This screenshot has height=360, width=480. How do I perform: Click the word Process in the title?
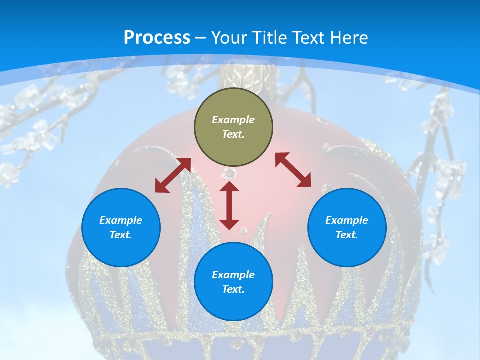157,38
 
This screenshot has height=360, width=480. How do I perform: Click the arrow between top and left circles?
173,175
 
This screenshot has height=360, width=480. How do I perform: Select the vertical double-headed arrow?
229,205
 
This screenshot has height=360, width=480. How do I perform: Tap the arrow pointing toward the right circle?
293,170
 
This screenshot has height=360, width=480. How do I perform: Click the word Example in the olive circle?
233,120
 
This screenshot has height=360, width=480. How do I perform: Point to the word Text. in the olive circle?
233,134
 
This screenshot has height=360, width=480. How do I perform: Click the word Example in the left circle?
121,220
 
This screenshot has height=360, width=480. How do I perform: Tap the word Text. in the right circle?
347,235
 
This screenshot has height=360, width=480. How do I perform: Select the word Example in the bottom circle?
233,275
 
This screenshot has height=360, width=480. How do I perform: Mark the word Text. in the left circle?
121,235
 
